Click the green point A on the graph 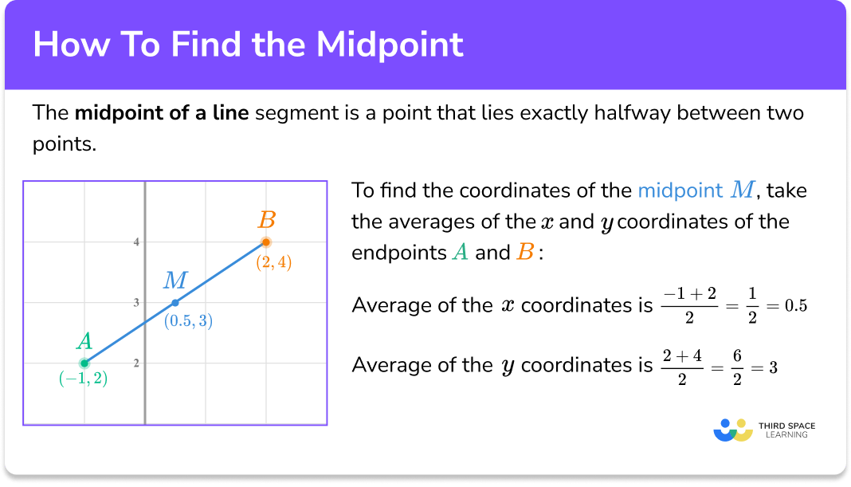84,363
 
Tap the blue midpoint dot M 175,303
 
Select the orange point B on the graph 266,242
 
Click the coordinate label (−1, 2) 83,380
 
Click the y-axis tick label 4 136,242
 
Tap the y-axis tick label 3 136,303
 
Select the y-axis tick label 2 136,363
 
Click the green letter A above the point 84,342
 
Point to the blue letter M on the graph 175,281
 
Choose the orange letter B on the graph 267,219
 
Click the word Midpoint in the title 390,45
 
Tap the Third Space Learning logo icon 733,430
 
